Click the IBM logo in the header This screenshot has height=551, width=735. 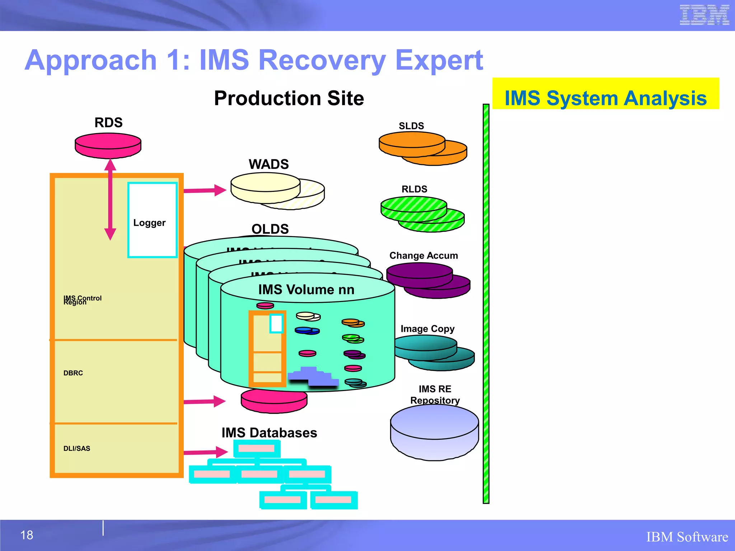[704, 15]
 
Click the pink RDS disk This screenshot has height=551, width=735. [108, 145]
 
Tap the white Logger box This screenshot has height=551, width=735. [153, 220]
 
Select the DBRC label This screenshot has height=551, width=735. [73, 373]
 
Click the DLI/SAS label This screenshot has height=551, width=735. [77, 448]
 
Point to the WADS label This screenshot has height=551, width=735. [268, 164]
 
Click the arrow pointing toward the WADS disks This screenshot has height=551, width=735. [205, 190]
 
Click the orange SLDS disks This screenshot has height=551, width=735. [422, 148]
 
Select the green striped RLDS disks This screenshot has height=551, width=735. [422, 214]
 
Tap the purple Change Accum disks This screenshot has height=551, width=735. [427, 280]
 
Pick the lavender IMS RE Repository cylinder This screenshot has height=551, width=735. [434, 432]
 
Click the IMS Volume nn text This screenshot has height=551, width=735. [306, 289]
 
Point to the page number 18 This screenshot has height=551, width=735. [27, 535]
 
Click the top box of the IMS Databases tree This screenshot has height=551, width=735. [257, 448]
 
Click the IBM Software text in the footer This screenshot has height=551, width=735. [687, 537]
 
